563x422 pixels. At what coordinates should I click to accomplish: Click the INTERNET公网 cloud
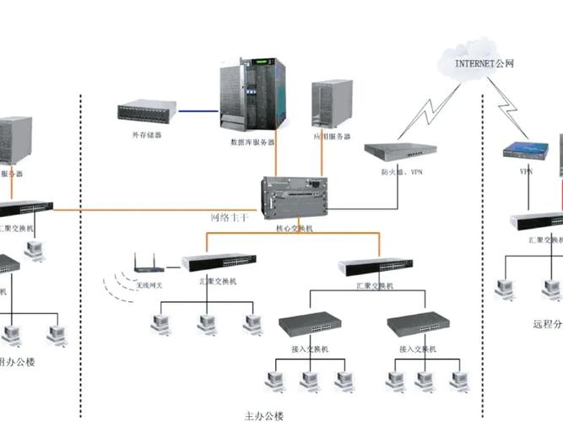486,60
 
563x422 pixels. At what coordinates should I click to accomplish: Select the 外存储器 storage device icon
147,111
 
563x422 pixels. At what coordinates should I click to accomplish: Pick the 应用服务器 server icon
332,105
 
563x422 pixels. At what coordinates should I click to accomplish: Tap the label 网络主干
230,218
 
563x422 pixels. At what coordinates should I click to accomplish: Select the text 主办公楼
264,415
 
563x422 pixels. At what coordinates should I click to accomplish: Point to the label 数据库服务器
252,142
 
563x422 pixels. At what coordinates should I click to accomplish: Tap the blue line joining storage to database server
198,110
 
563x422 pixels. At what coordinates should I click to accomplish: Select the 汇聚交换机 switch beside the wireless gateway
219,262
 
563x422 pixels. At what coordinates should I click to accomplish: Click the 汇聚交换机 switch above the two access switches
376,267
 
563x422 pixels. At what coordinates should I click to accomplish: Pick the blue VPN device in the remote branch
526,150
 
